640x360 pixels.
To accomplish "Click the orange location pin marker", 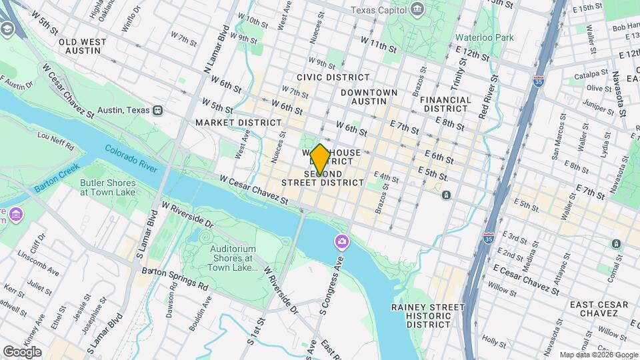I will click(320, 159).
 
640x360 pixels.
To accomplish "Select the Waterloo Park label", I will click(485, 37).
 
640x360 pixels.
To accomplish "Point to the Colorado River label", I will click(131, 159).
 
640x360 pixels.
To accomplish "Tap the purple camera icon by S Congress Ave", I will click(341, 241).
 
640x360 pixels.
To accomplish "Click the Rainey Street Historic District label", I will click(428, 315).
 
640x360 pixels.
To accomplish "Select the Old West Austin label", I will click(83, 46).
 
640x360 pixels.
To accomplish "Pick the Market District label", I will click(239, 123).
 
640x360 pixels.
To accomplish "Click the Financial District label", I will click(446, 104).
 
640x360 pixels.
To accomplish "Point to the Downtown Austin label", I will click(369, 97).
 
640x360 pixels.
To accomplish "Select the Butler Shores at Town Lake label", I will click(108, 188).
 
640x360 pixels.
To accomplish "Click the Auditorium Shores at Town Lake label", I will click(233, 258).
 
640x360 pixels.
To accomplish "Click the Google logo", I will click(21, 351).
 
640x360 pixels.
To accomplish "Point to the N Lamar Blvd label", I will click(215, 51).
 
